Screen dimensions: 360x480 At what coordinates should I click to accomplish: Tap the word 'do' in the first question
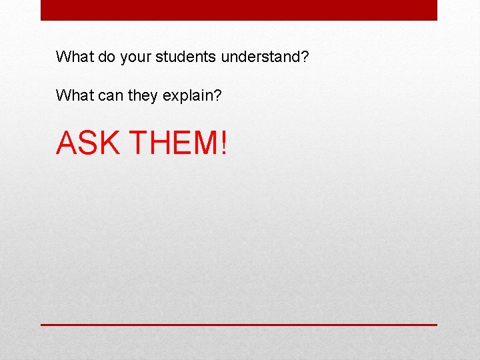(107, 57)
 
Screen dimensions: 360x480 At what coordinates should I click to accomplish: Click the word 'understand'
(260, 57)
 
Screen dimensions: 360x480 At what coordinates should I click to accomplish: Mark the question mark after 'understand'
(304, 57)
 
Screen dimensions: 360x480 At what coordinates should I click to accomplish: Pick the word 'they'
(143, 97)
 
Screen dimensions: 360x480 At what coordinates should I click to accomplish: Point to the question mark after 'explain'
(217, 96)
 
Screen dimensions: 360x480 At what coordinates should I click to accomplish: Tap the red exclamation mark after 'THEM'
(223, 142)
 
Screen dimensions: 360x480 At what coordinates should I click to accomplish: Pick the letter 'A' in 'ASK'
(67, 142)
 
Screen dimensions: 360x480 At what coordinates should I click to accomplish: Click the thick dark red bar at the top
(239, 10)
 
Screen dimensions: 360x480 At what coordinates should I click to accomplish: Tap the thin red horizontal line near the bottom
(239, 325)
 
